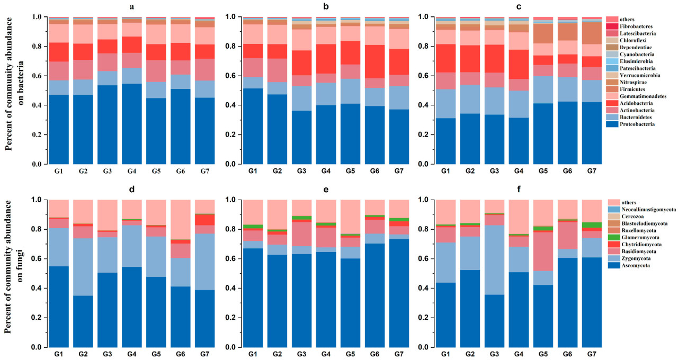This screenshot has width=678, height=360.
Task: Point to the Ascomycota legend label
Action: coord(635,265)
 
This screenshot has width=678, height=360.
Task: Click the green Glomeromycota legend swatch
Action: coord(613,238)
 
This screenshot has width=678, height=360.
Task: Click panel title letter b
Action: coord(327,7)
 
